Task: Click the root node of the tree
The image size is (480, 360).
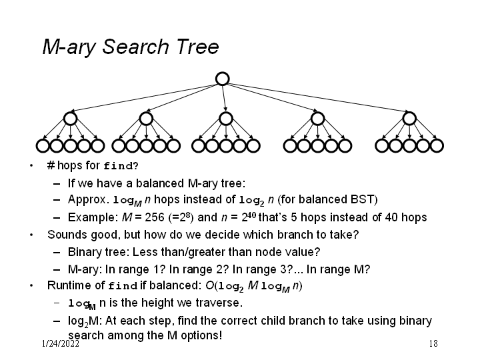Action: (x=223, y=79)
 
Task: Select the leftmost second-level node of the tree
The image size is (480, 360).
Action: (x=71, y=119)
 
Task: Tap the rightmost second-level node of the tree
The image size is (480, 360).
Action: (x=409, y=119)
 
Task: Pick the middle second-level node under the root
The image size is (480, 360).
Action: (x=226, y=119)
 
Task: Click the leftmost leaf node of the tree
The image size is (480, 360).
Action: (x=43, y=145)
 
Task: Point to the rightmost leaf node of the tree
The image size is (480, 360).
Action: (x=437, y=145)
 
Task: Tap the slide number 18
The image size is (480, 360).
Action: (x=433, y=344)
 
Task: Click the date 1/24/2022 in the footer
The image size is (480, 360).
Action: (x=60, y=344)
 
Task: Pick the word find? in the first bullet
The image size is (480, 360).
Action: (x=121, y=165)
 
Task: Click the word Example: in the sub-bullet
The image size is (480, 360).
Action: (x=91, y=217)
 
